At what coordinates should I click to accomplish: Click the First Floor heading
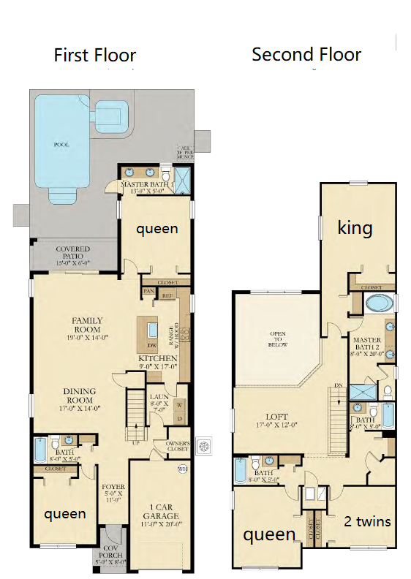point(94,55)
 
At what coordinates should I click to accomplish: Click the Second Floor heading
point(306,54)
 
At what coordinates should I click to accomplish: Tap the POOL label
point(61,145)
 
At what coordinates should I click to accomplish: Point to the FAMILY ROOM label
point(86,325)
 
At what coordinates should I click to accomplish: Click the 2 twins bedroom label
point(366,521)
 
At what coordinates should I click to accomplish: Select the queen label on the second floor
point(268,534)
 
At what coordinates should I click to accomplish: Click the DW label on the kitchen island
point(151,345)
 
